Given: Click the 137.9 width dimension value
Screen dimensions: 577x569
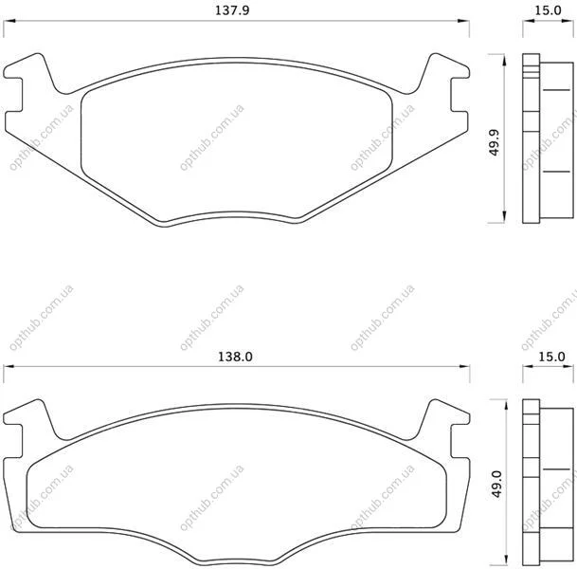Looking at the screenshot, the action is tap(232, 10).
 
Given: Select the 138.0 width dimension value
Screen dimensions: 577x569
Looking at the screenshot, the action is tap(236, 357).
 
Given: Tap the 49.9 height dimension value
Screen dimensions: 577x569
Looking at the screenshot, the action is tap(496, 142).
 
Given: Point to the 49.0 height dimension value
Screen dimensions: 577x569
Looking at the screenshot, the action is tap(496, 484).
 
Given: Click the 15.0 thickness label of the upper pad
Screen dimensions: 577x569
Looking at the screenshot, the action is tap(548, 10).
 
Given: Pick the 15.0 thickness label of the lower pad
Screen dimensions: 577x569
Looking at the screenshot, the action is tap(551, 357).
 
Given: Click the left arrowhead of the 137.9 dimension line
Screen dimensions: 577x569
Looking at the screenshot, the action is tap(9, 21).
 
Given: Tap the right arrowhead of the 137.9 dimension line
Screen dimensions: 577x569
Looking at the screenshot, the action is tap(463, 21).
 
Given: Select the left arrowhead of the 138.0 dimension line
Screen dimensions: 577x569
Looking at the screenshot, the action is tap(9, 366).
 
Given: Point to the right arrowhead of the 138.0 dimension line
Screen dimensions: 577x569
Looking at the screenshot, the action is tap(464, 366).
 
